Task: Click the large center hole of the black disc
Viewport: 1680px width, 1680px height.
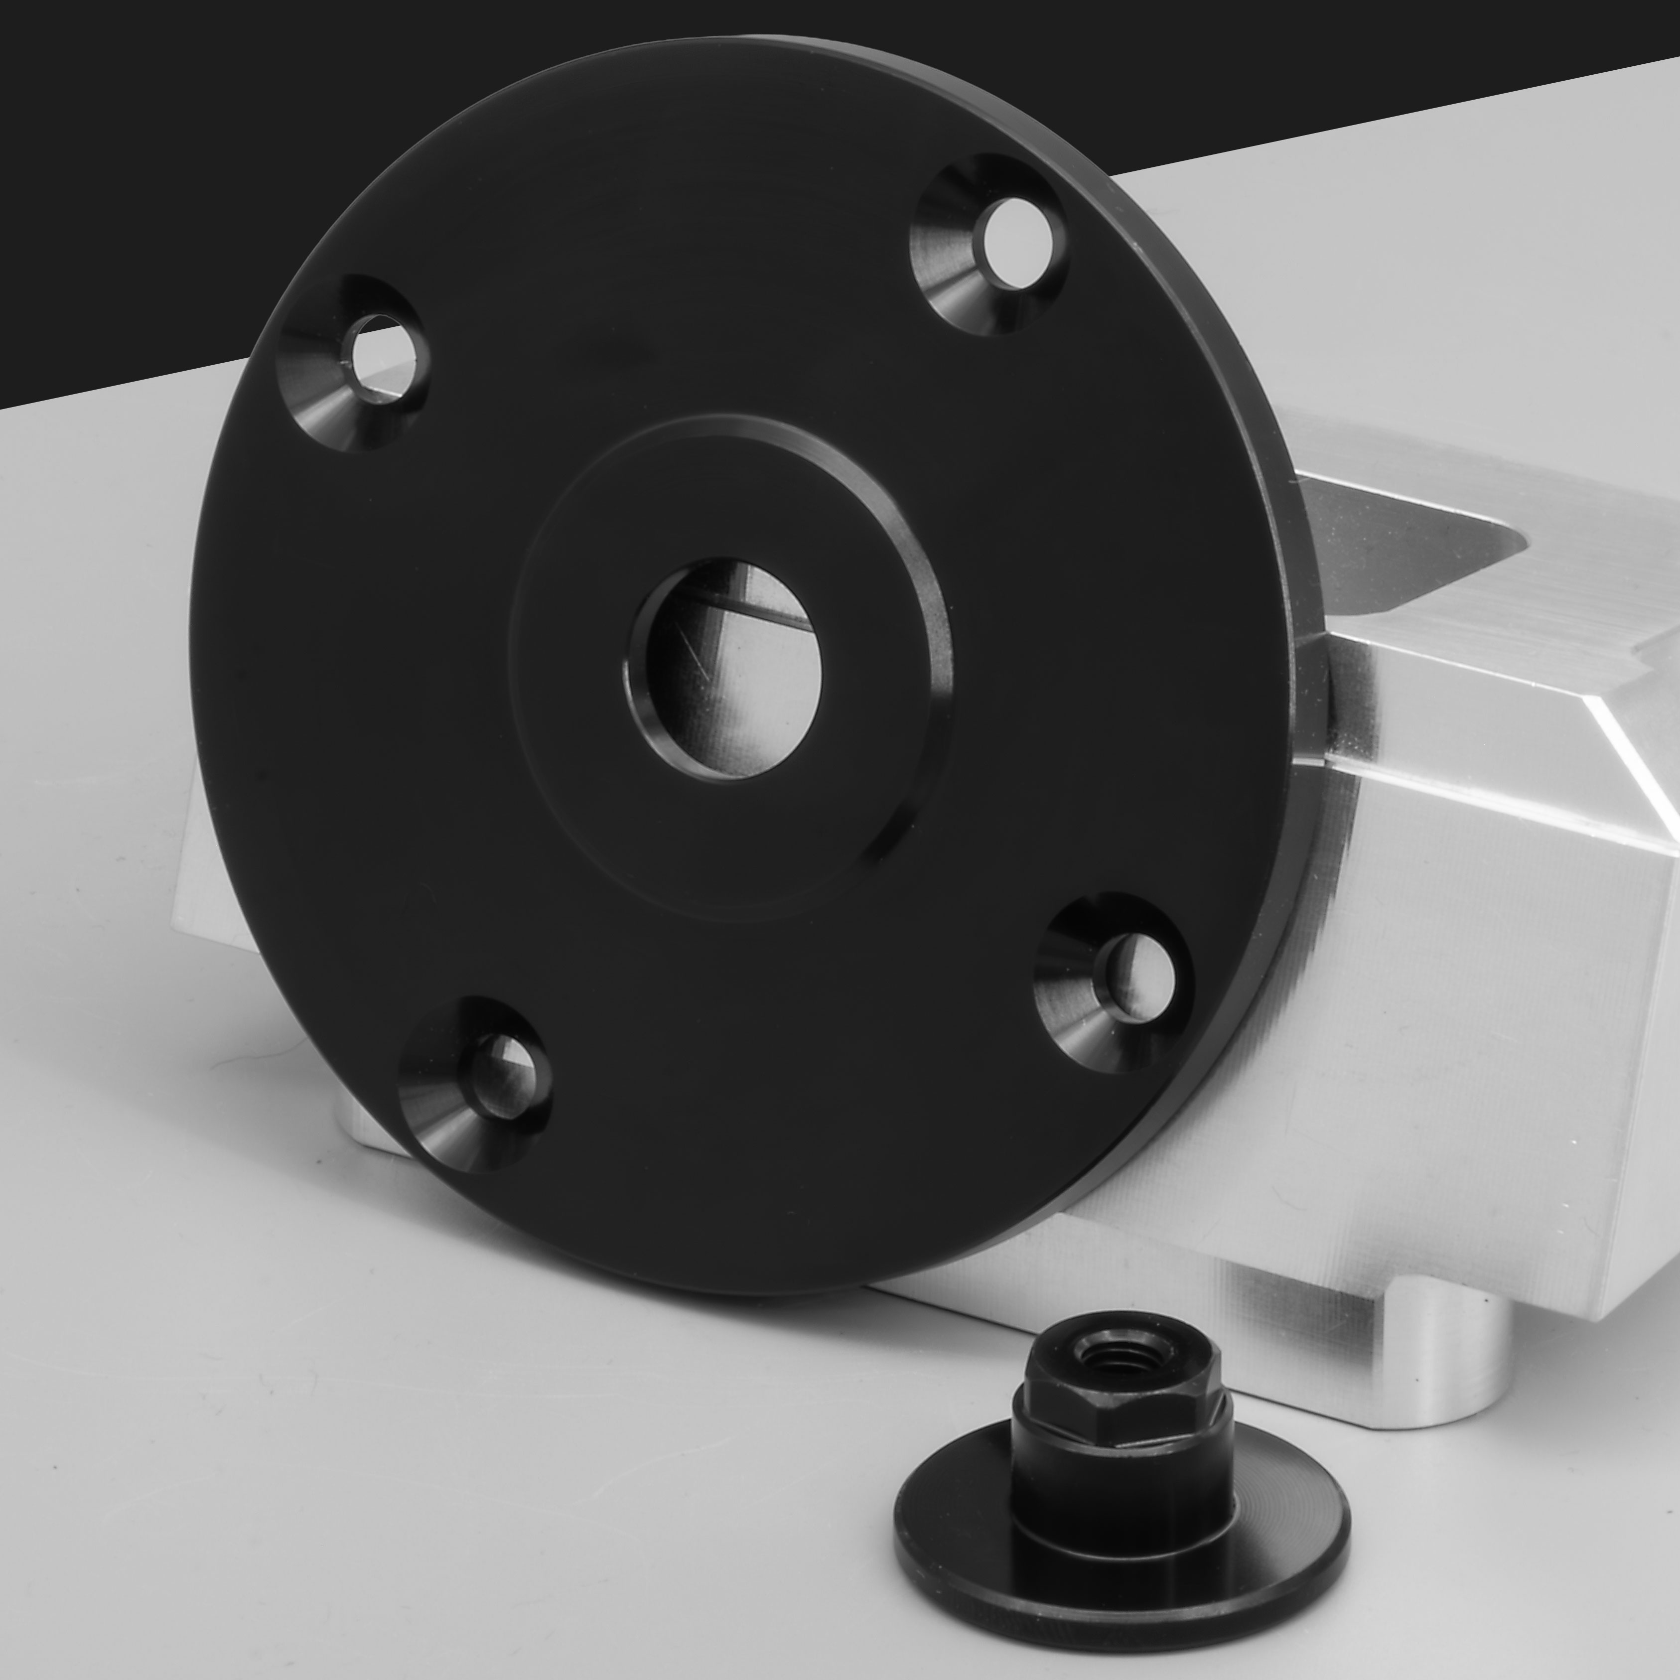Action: tap(723, 668)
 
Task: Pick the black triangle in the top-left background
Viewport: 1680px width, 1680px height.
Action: tap(131, 174)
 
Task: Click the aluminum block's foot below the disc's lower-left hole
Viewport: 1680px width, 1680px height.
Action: tap(365, 1130)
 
